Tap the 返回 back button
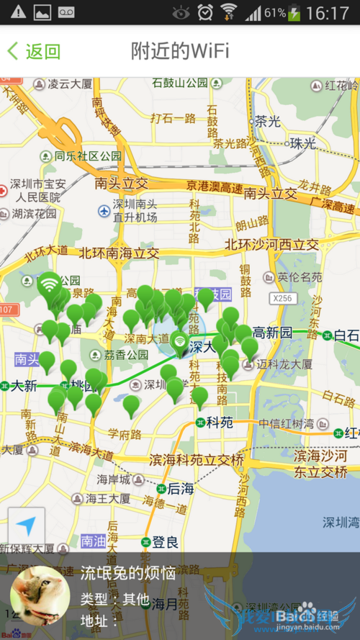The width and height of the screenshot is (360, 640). [34, 51]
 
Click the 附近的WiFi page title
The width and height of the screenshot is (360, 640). [180, 51]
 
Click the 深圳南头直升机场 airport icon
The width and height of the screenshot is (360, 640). [104, 212]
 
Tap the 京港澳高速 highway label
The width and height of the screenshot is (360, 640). [214, 187]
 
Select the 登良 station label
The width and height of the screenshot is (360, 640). [165, 541]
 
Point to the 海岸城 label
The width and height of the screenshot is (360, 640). [114, 479]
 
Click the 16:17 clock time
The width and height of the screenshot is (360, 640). [328, 13]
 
